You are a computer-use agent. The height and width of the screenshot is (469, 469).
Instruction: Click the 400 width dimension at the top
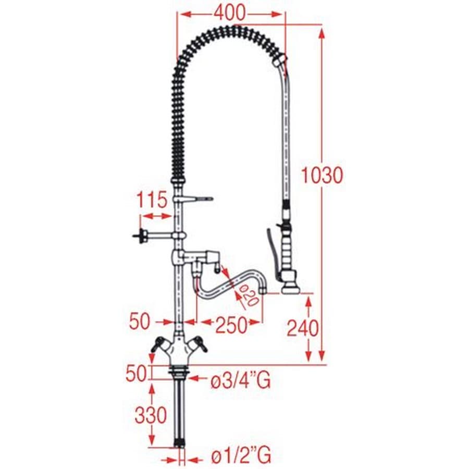pos(230,13)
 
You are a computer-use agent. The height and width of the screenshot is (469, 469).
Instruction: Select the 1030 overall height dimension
pos(322,175)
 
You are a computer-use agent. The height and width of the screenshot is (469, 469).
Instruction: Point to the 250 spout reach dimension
pos(231,325)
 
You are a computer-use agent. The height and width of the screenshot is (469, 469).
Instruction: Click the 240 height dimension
pos(303,328)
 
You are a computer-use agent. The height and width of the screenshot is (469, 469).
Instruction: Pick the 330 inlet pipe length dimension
pos(151,415)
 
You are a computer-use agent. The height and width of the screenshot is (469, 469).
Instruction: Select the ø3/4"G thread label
pos(241,380)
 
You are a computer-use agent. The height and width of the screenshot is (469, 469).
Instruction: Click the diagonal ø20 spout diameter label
pos(249,295)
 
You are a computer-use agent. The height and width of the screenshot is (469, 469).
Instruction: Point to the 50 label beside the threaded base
pos(137,373)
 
